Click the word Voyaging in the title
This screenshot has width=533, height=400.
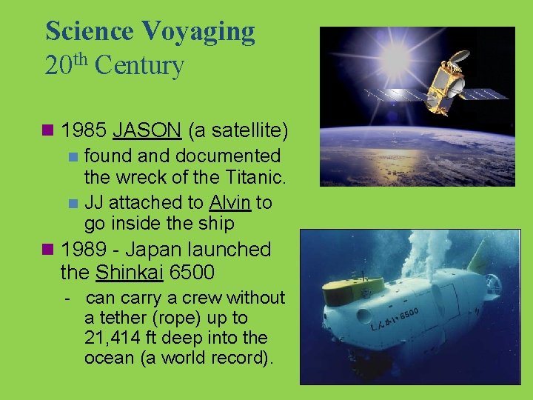point(198,31)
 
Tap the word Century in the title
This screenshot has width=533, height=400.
point(139,66)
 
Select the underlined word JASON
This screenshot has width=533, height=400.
point(147,131)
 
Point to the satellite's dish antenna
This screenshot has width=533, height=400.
point(459,56)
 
